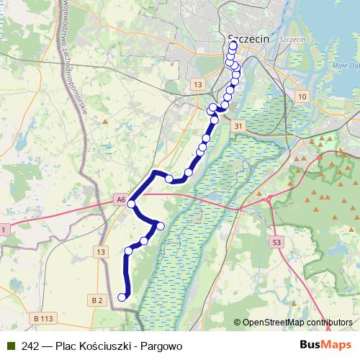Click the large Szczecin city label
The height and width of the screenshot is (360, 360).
[248, 39]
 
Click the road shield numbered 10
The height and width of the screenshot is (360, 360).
[302, 96]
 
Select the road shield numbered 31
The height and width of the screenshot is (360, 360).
[238, 125]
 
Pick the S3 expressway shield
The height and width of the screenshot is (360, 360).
[277, 243]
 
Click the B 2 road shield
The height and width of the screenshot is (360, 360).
[99, 300]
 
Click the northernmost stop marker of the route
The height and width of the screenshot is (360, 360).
[233, 45]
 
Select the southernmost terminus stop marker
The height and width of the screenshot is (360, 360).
[122, 297]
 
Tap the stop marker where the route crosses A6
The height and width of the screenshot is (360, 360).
[131, 204]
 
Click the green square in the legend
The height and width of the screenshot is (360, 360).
[9, 346]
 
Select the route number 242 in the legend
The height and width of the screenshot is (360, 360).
[30, 346]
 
